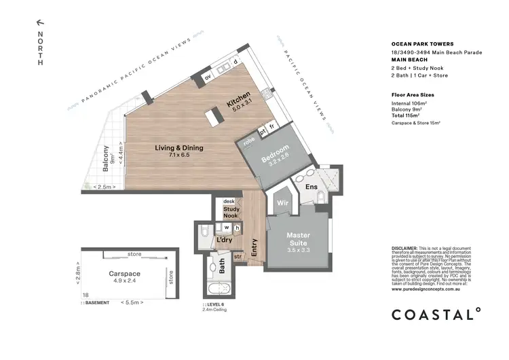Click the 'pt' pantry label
[x=262, y=128]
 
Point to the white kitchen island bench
[x=217, y=117]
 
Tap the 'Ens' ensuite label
[x=312, y=186]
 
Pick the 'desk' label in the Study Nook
[x=228, y=202]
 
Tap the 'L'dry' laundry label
[x=225, y=240]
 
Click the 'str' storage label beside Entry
[x=238, y=257]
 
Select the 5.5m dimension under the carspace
[x=128, y=302]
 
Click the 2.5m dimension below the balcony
[x=104, y=187]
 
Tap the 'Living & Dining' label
[x=179, y=148]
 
